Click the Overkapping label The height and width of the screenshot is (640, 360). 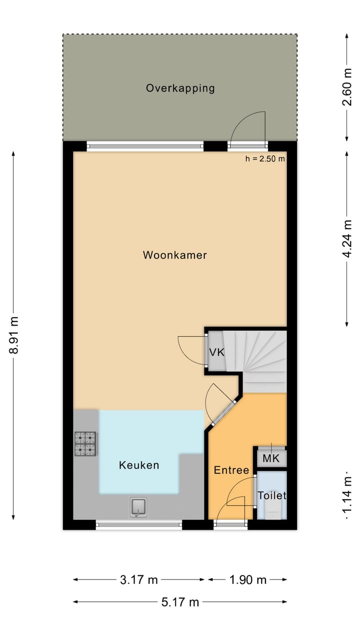180,88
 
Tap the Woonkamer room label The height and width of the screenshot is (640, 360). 174,255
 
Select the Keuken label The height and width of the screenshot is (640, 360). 139,465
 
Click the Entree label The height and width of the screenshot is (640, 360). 231,470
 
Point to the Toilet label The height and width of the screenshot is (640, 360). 271,495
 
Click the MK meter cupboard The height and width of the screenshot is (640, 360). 270,458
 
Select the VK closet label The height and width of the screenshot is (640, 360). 216,352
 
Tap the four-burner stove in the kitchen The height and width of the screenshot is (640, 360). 86,443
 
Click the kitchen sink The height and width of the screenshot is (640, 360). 138,507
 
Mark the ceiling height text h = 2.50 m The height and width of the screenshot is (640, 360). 265,159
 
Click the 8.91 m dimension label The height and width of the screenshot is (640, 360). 14,335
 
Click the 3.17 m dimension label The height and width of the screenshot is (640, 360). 139,580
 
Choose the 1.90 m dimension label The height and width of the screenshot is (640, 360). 247,580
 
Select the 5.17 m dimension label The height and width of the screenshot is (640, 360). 180,602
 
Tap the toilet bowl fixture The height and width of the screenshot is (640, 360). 272,510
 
